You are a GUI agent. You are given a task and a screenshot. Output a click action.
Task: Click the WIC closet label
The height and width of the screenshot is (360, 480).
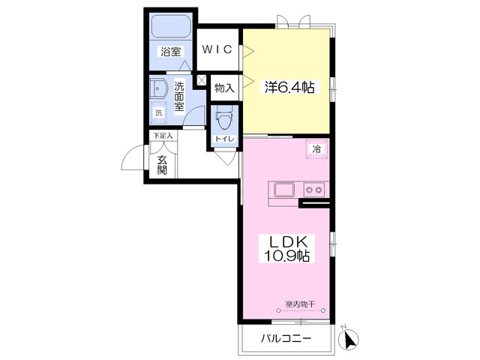click(x=217, y=49)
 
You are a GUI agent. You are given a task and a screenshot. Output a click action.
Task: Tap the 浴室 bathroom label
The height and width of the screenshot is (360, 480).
click(x=171, y=52)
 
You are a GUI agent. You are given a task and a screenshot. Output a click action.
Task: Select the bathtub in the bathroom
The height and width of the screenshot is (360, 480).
click(x=172, y=27)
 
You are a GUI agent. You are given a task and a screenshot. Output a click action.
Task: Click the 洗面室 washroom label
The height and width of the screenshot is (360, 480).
click(x=179, y=97)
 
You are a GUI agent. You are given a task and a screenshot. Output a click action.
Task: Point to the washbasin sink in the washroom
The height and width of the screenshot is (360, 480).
click(x=158, y=89)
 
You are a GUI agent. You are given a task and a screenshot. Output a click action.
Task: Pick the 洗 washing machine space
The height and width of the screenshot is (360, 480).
click(x=158, y=112)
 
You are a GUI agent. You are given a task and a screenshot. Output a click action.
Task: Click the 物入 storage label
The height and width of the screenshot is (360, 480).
click(x=224, y=88)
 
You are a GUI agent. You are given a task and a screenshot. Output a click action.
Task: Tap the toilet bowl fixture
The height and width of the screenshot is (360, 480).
click(x=224, y=120)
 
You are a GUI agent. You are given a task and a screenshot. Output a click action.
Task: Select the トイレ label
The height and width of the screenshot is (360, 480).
click(x=225, y=139)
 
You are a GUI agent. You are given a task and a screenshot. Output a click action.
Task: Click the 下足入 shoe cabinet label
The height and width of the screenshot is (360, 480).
click(x=163, y=135)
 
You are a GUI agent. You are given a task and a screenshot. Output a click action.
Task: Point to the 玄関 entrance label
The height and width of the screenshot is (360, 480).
click(x=162, y=165)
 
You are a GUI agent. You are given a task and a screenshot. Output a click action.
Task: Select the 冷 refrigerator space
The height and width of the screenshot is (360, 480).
click(x=316, y=149)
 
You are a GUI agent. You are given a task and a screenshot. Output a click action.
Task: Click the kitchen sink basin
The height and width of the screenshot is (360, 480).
click(x=284, y=190)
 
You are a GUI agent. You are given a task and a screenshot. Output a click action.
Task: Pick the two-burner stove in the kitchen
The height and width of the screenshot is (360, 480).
click(x=314, y=190)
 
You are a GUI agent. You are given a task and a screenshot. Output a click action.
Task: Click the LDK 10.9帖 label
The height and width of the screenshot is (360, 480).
click(x=287, y=249)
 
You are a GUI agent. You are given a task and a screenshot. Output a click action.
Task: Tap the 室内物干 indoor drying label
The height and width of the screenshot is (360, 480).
click(x=300, y=304)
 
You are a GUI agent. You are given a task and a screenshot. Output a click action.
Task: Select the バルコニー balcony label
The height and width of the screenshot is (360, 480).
click(x=286, y=338)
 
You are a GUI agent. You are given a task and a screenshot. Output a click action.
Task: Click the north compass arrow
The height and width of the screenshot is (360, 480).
click(x=349, y=339)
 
